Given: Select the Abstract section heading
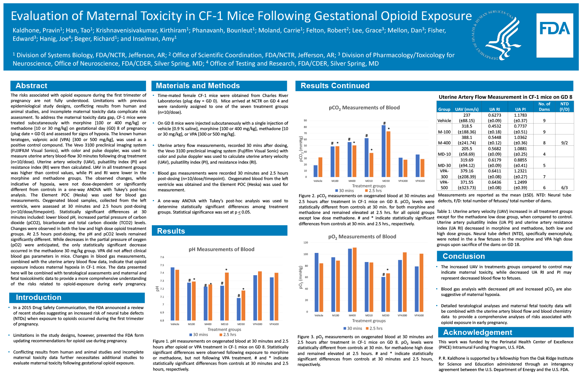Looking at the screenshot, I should click(31, 86).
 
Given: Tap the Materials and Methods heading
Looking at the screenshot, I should click(197, 86).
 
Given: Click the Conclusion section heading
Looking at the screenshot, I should click(464, 256).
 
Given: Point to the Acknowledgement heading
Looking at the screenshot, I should click(477, 332).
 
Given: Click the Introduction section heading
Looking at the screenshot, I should click(38, 297).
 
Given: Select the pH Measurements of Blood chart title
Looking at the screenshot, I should click(221, 249).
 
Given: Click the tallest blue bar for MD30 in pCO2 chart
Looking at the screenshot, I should click(384, 151).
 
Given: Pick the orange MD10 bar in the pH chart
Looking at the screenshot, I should click(227, 296).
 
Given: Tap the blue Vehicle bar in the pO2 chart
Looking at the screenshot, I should click(316, 282).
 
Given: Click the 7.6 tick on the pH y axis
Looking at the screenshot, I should click(162, 257).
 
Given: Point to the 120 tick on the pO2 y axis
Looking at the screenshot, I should click(306, 243).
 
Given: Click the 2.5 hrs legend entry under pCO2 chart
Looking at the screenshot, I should click(373, 191).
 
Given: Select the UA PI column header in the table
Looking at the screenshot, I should click(520, 109).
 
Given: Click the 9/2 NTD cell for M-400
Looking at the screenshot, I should click(564, 143).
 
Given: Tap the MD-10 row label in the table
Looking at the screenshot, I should click(444, 154).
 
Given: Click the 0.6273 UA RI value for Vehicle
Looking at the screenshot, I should click(495, 115).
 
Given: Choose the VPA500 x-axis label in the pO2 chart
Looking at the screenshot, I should click(419, 315).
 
